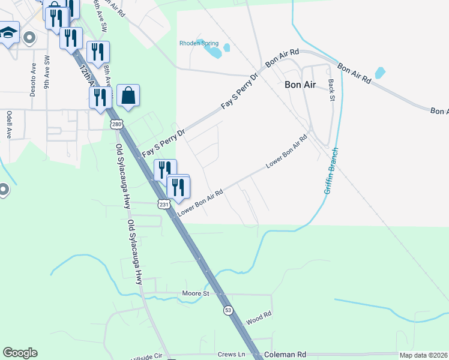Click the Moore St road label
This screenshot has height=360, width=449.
pos(195,293)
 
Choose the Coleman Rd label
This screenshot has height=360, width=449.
pos(286,355)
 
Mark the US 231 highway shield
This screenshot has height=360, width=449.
pos(164,205)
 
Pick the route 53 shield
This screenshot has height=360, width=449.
pos(227,310)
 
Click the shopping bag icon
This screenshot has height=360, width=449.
pos(128,95)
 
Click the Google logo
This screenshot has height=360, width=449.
pos(20,353)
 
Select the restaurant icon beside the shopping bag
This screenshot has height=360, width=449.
pos(100,96)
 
